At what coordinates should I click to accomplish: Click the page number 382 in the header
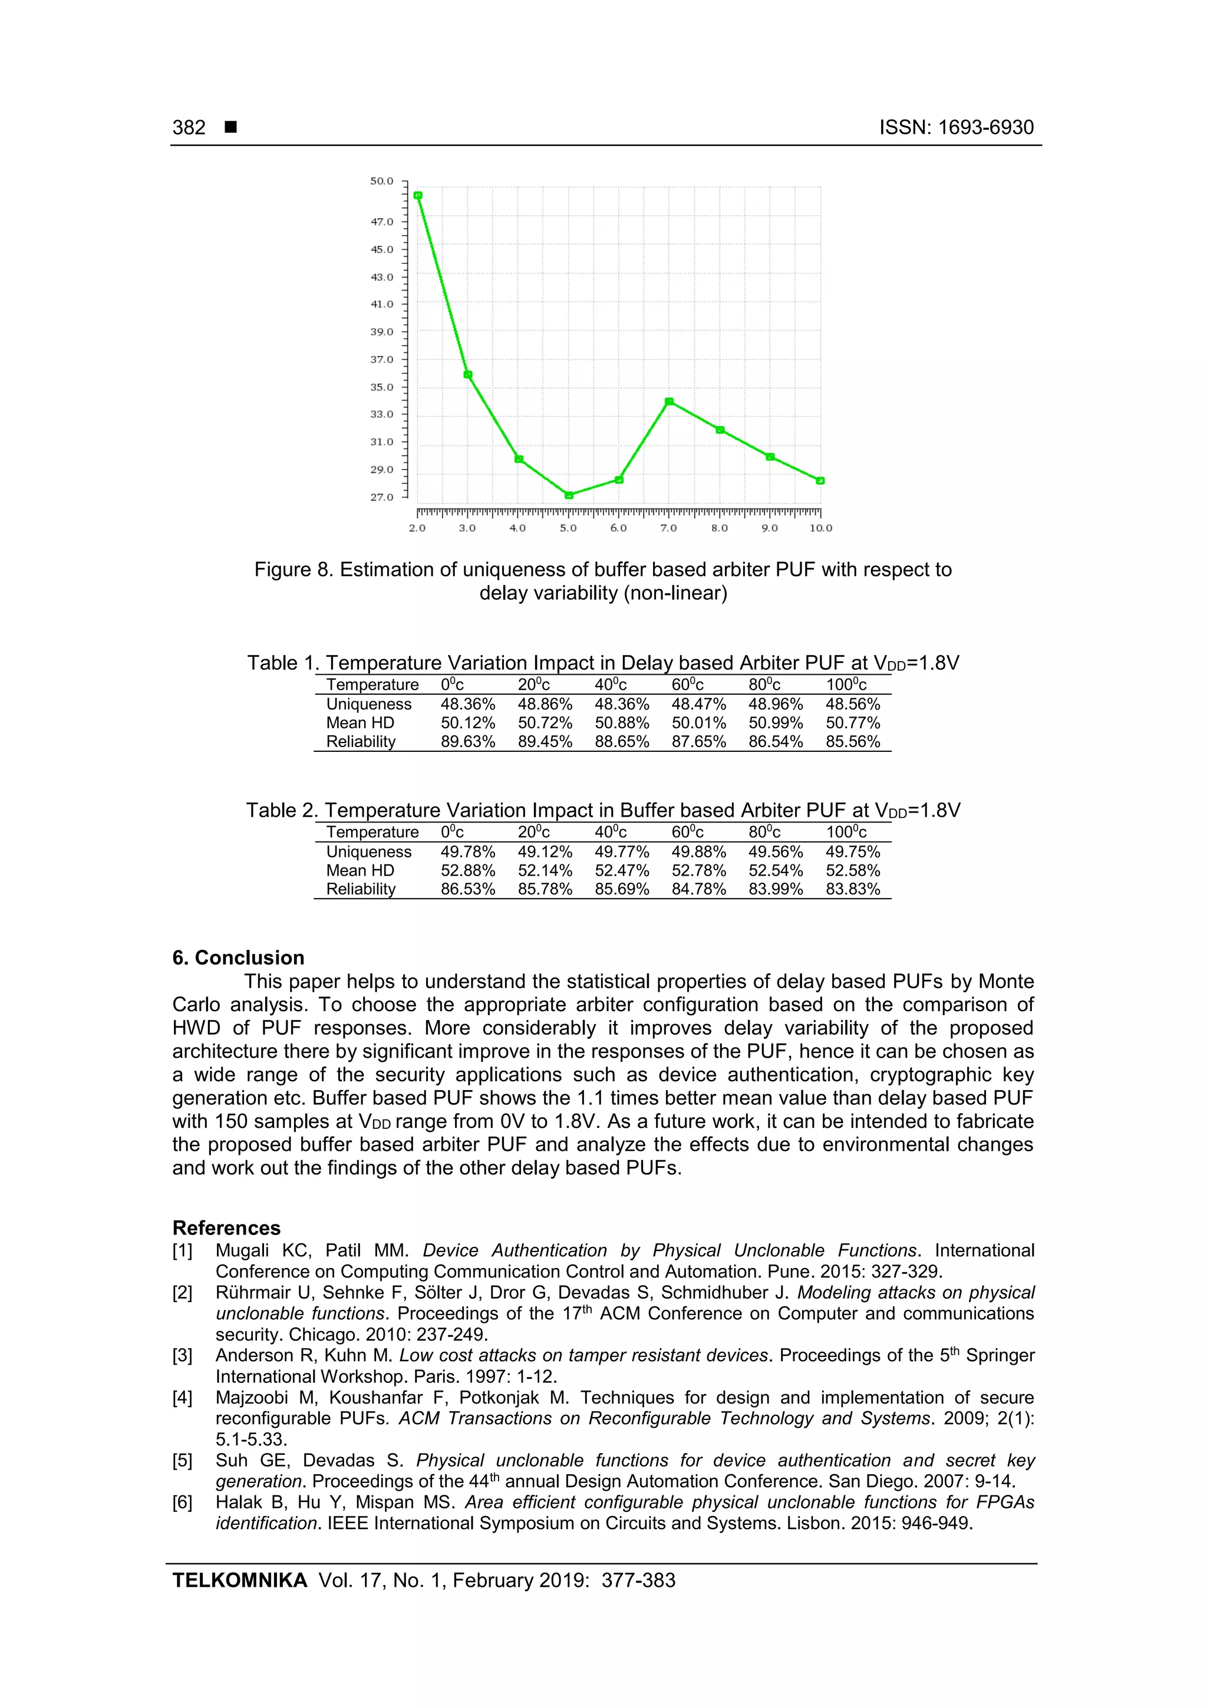(189, 128)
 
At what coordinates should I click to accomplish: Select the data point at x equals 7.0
(668, 401)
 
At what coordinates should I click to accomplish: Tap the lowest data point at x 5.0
(569, 495)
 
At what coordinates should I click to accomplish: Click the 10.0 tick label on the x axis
(820, 528)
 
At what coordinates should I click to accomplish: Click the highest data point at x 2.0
(418, 196)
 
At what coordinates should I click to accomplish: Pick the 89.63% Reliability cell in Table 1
(468, 741)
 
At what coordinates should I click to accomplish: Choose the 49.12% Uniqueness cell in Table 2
(545, 851)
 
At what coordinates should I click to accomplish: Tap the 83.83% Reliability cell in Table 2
(852, 889)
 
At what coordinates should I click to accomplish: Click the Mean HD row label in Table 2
(360, 871)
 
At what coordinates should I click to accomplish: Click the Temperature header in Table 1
(372, 685)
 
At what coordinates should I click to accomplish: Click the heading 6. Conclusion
(238, 957)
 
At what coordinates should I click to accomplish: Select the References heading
(226, 1227)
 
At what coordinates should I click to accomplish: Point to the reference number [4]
(183, 1398)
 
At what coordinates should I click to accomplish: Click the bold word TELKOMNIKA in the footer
(239, 1580)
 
